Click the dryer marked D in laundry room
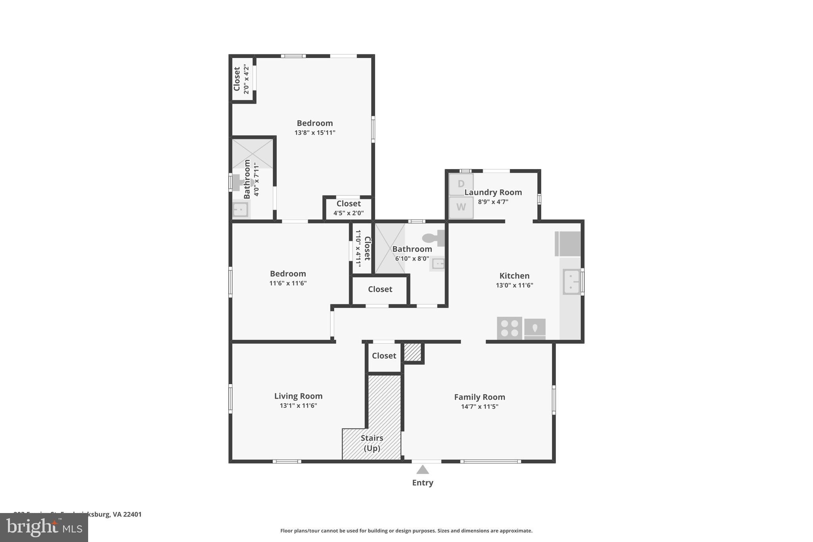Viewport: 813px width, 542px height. pos(461,184)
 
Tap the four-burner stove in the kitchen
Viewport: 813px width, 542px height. pos(509,328)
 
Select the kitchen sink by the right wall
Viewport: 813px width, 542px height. pos(571,282)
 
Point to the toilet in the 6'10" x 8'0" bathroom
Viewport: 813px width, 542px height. pos(433,238)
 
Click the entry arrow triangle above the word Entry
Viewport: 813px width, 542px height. pos(422,470)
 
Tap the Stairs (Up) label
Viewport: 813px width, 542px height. pos(372,443)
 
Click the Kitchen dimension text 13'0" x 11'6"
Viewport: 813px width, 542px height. pos(514,285)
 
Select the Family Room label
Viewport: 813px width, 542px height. pos(479,397)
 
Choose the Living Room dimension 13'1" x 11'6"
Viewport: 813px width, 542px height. pos(298,405)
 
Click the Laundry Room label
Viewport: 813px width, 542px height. pos(493,192)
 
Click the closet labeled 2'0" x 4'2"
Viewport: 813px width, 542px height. pos(242,79)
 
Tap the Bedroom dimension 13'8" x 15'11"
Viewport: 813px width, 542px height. pos(315,133)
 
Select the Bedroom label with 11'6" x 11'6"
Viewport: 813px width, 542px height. pos(288,274)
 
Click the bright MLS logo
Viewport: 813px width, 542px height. pos(44,527)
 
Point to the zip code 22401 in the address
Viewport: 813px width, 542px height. pos(132,514)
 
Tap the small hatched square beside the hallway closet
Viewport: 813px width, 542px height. pos(412,352)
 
